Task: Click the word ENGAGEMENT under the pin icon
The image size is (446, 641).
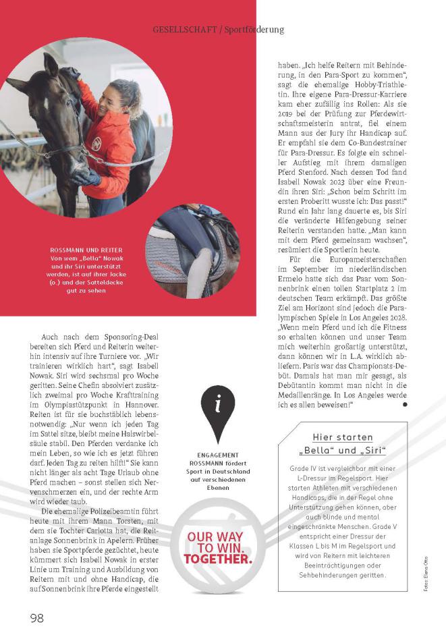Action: coord(219,455)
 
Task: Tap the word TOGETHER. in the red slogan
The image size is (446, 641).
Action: coord(218,559)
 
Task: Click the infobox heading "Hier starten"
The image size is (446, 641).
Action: coord(343,437)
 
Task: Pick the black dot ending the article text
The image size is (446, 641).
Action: coord(405,404)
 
